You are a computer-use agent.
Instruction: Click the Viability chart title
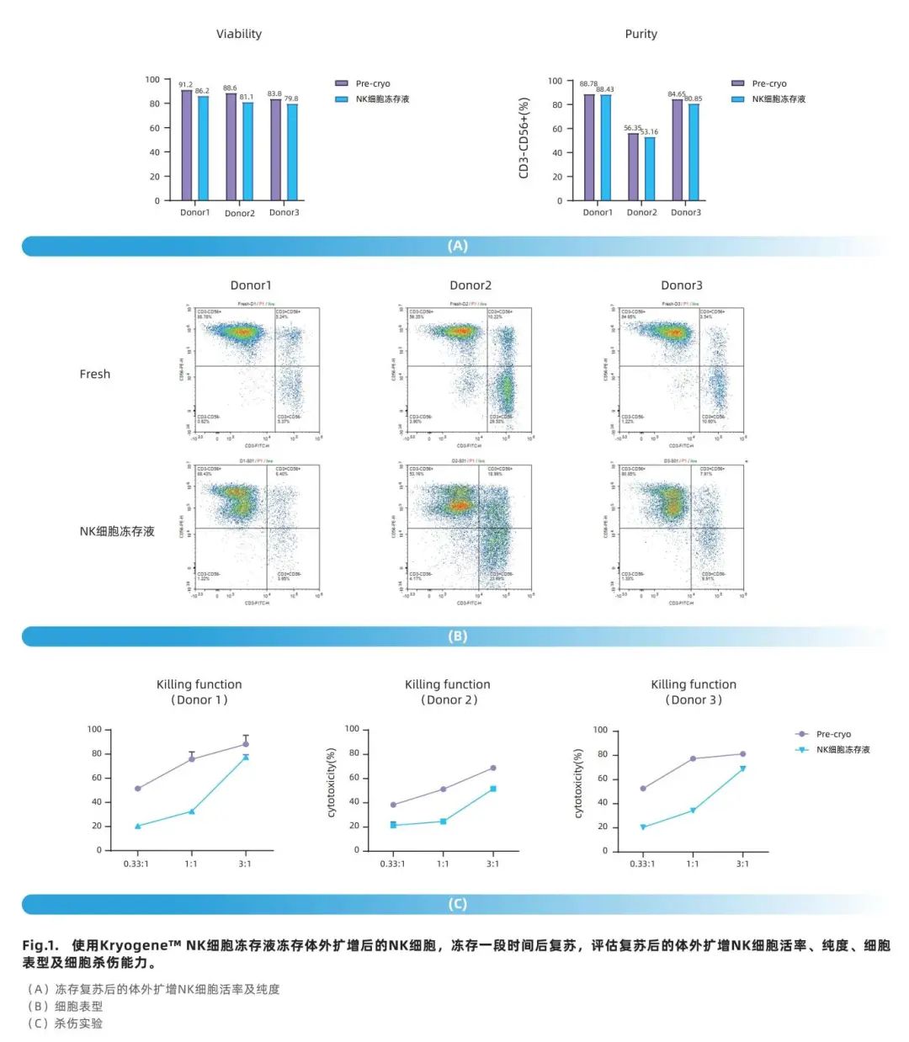(239, 34)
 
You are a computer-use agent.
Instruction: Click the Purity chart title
(641, 34)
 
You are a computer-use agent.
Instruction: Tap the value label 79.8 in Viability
(291, 98)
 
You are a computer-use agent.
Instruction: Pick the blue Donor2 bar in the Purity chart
(650, 168)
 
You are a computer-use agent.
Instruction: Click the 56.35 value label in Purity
(632, 128)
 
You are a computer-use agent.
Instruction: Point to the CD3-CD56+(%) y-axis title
(524, 138)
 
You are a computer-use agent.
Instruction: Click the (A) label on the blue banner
(457, 246)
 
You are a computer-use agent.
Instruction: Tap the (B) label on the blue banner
(457, 636)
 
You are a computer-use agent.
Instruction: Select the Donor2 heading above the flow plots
(470, 285)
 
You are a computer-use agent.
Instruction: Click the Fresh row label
(94, 374)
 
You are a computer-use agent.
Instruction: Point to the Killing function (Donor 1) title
(199, 692)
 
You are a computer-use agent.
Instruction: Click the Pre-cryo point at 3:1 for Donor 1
(246, 744)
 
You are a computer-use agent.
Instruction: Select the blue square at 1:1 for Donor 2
(444, 821)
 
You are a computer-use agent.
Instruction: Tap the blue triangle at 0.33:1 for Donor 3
(643, 827)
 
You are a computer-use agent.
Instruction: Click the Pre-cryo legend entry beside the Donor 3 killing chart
(832, 734)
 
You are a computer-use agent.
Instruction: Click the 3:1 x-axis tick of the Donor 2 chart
(492, 864)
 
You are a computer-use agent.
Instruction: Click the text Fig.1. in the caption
(40, 945)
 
